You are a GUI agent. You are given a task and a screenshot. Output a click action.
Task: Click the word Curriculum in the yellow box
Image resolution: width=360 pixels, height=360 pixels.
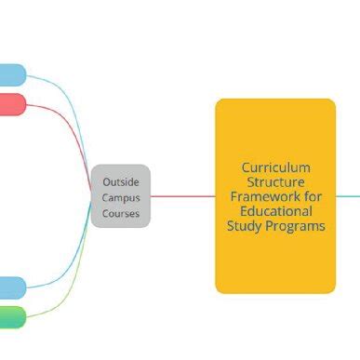coord(275,167)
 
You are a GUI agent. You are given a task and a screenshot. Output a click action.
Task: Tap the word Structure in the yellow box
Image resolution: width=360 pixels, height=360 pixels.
coord(275,182)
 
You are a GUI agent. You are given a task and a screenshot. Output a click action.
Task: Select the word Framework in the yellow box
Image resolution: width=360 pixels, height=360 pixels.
coord(264,196)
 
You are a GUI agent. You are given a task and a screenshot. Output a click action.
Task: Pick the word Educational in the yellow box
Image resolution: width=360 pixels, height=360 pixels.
coord(275,211)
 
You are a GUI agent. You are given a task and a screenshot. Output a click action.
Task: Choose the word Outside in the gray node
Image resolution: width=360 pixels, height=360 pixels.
coord(121,181)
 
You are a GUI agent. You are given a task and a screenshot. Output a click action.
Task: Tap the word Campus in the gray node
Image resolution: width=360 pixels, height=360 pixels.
coord(121,197)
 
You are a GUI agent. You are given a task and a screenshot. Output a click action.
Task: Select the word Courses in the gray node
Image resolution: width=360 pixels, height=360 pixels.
coord(121,213)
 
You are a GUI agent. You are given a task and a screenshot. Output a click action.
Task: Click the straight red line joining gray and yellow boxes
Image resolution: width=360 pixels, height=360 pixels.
coord(182,196)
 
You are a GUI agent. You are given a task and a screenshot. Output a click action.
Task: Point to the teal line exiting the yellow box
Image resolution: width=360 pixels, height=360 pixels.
coord(347,196)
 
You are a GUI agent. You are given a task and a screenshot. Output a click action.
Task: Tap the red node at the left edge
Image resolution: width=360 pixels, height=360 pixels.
coord(11,104)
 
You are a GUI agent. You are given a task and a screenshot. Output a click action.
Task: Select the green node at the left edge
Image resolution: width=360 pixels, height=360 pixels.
coord(11,316)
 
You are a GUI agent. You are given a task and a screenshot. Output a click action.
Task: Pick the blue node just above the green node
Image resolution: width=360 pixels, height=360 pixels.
coord(11,287)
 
